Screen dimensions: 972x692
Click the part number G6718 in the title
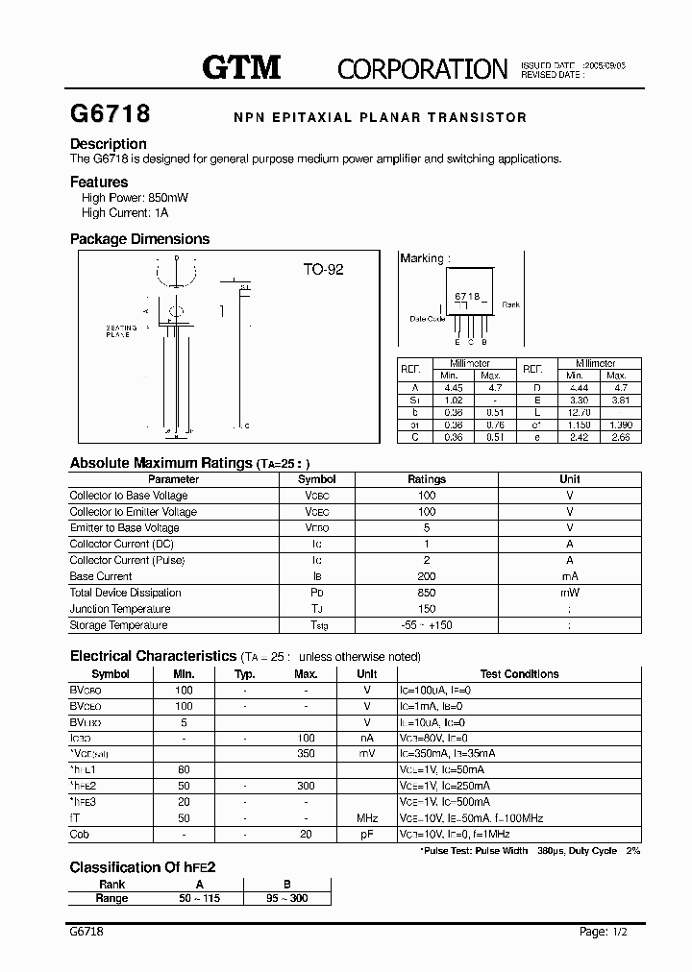(111, 114)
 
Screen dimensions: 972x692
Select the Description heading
(109, 144)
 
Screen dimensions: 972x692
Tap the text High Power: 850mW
(135, 197)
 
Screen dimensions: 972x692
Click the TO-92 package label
(323, 270)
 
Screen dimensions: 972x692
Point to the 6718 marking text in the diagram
(466, 297)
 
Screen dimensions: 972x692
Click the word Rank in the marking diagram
(510, 304)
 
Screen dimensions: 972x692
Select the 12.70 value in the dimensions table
(575, 411)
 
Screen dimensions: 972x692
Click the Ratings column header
(427, 479)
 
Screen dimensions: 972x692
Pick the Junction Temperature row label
(120, 609)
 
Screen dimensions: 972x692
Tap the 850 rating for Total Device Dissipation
(427, 593)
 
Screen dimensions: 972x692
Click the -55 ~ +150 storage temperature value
(427, 625)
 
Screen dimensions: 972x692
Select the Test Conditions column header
(519, 674)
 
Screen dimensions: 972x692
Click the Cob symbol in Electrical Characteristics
(79, 835)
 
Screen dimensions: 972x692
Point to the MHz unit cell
(366, 818)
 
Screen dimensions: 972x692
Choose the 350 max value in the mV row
(306, 754)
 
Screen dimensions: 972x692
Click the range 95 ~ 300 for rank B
(286, 898)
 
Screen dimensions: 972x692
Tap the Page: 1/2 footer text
(607, 932)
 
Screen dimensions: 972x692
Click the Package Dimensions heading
(139, 239)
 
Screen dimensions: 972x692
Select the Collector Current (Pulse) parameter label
(127, 560)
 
